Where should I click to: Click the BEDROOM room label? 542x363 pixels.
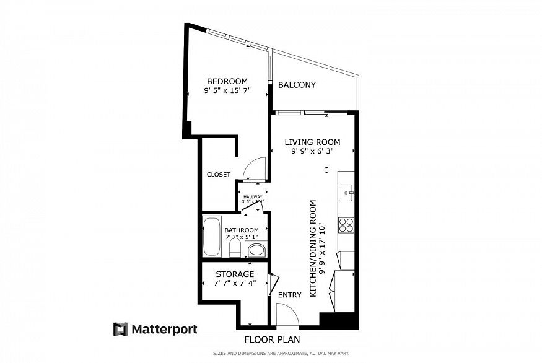(227, 81)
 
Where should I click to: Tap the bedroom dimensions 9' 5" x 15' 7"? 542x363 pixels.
(227, 90)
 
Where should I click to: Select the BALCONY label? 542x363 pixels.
(297, 85)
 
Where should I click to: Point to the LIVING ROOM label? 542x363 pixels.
(312, 142)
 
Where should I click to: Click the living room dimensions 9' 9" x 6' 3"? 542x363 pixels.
(312, 151)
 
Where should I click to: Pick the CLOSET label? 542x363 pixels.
(218, 175)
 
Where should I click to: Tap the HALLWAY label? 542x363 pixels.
(252, 197)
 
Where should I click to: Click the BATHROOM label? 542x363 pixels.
(242, 230)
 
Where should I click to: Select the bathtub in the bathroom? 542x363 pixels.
(212, 236)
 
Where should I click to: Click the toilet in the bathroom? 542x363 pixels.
(235, 249)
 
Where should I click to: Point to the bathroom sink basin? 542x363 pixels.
(256, 250)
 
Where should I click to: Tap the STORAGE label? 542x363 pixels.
(235, 274)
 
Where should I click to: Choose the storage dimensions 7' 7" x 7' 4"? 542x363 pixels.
(235, 283)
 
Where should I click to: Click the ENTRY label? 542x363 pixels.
(289, 295)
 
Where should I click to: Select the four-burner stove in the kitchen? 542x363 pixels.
(346, 225)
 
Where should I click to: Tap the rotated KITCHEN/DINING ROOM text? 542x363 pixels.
(317, 248)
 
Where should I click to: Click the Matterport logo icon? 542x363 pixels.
(120, 329)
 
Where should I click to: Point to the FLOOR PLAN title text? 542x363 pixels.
(272, 339)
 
